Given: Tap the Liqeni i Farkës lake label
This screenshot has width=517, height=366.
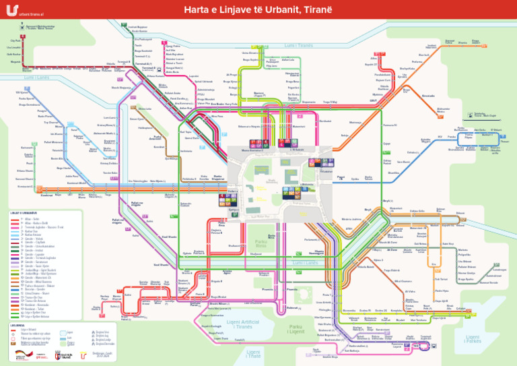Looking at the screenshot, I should [x=474, y=338].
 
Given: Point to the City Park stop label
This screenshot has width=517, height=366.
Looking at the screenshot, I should [x=14, y=40].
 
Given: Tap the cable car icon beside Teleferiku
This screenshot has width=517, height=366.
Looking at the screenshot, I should [x=470, y=115].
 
